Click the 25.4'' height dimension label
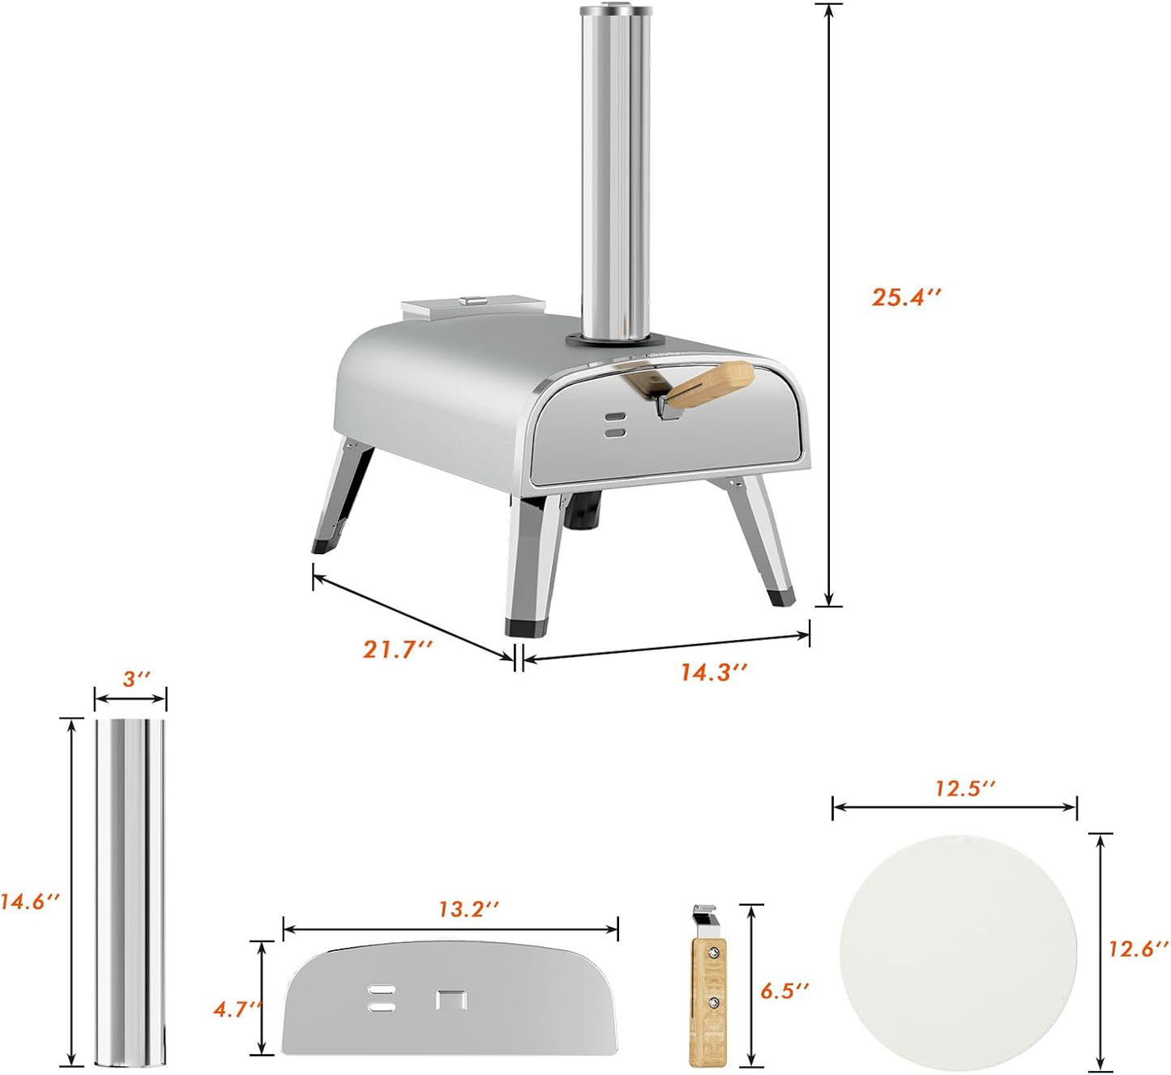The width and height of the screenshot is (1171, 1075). click(906, 296)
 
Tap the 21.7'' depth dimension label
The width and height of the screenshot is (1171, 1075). click(398, 649)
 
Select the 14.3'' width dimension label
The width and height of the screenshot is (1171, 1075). click(714, 672)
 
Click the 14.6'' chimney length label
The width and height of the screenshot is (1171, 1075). click(30, 902)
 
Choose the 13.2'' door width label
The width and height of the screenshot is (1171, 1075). click(468, 909)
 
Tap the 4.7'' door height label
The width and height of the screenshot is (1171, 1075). click(237, 1009)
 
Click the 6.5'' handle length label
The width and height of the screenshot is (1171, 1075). click(784, 990)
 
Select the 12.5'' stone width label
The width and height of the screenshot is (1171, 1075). click(964, 788)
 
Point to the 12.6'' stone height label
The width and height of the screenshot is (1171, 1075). click(1139, 949)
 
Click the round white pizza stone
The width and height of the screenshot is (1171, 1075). click(958, 952)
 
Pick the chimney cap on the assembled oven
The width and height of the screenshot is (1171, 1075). click(616, 11)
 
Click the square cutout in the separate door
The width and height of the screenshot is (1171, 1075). click(451, 999)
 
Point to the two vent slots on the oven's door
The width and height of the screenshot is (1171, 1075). click(616, 426)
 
